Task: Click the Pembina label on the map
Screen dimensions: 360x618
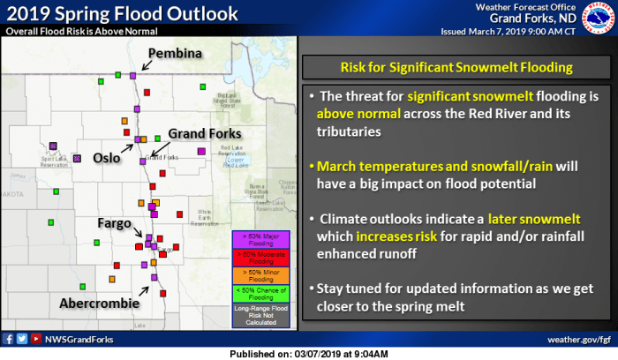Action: (175, 54)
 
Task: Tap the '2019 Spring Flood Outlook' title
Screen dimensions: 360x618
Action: (122, 13)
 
